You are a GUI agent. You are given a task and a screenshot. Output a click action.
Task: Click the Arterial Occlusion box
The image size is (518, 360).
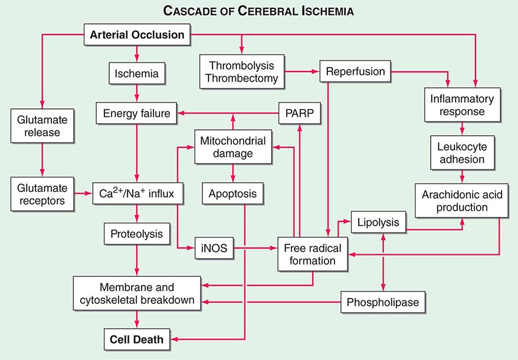[x=137, y=35]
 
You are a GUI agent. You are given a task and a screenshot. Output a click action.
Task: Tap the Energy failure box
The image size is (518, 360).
[x=137, y=113]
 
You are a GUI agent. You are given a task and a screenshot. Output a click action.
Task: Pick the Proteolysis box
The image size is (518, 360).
[x=137, y=234]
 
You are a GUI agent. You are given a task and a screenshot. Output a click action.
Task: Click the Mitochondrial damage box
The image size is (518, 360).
[x=232, y=148]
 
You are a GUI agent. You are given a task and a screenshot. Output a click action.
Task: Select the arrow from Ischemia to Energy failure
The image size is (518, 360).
[x=137, y=93]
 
